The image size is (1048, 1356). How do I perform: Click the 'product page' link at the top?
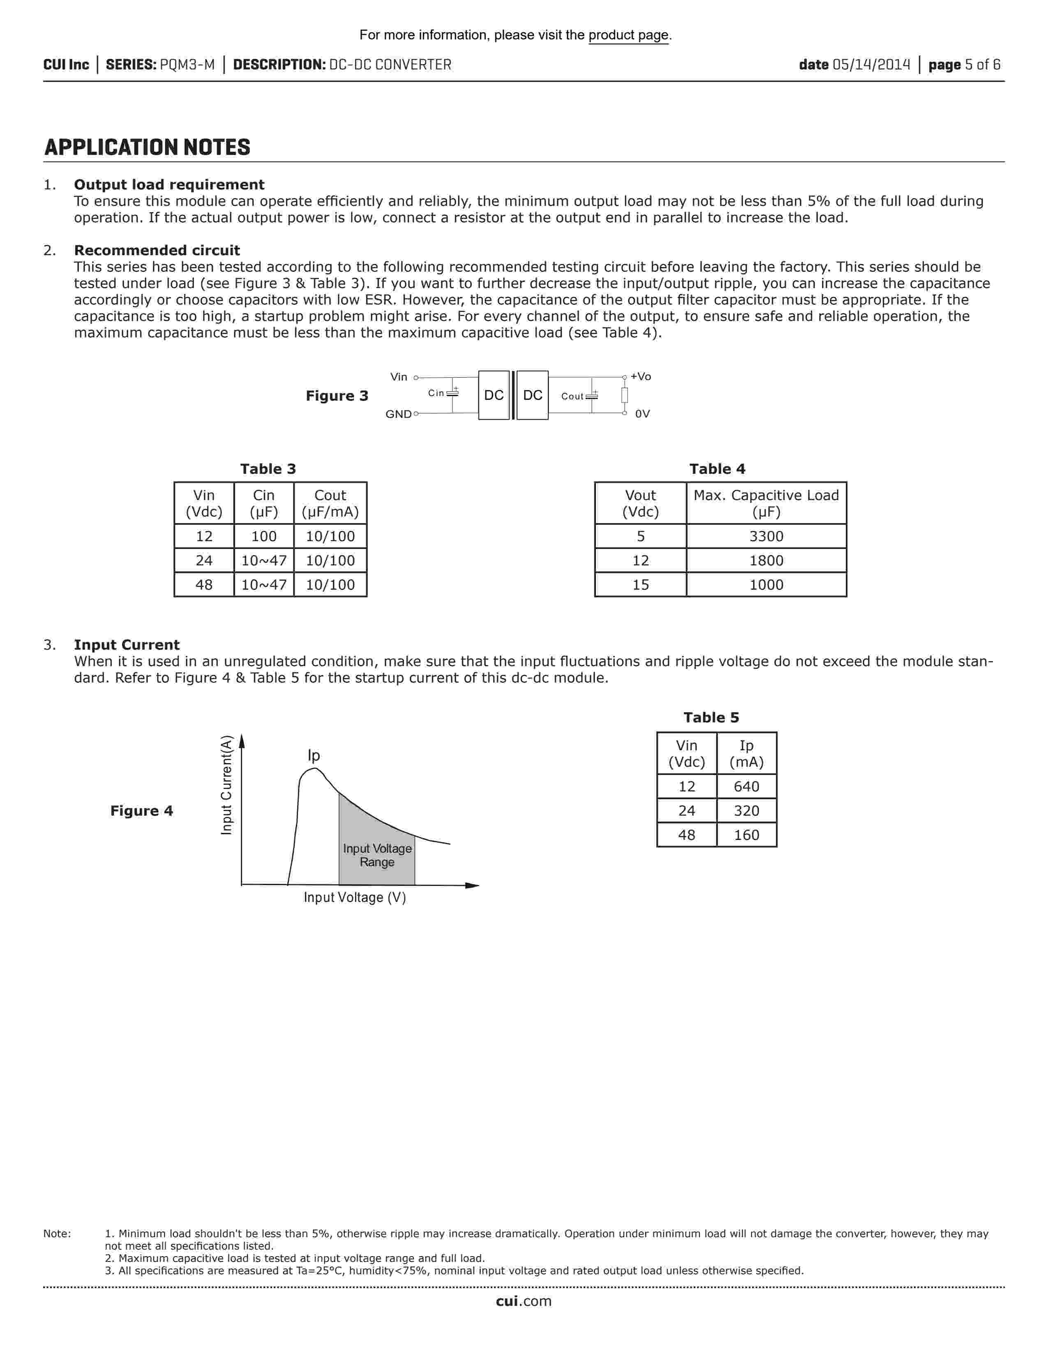coord(628,35)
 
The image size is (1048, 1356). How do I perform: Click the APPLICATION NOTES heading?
coord(147,148)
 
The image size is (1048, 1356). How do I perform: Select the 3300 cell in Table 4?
coord(766,536)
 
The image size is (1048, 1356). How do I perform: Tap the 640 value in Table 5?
coord(746,786)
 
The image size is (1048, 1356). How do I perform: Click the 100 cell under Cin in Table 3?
coord(264,536)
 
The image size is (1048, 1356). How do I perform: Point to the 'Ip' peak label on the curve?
coord(314,756)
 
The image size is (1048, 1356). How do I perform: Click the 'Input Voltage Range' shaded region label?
coord(377,856)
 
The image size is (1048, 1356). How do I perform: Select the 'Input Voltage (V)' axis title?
coord(355,898)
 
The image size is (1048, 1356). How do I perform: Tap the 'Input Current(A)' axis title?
coord(226,785)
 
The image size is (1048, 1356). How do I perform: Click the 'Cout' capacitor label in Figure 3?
coord(572,396)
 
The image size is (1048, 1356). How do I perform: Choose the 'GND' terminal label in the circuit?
coord(398,414)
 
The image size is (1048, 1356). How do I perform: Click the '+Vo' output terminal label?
coord(641,376)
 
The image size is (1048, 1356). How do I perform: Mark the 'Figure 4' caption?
coord(141,811)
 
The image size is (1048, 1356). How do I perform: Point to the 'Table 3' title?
coord(268,469)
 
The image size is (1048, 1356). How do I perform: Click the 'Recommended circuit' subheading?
coord(157,250)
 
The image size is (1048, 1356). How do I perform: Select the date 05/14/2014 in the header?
coord(871,65)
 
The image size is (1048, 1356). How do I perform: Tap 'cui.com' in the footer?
coord(523,1301)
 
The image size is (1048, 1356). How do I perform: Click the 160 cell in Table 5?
coord(746,835)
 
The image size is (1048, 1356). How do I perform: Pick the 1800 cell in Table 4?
coord(766,560)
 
